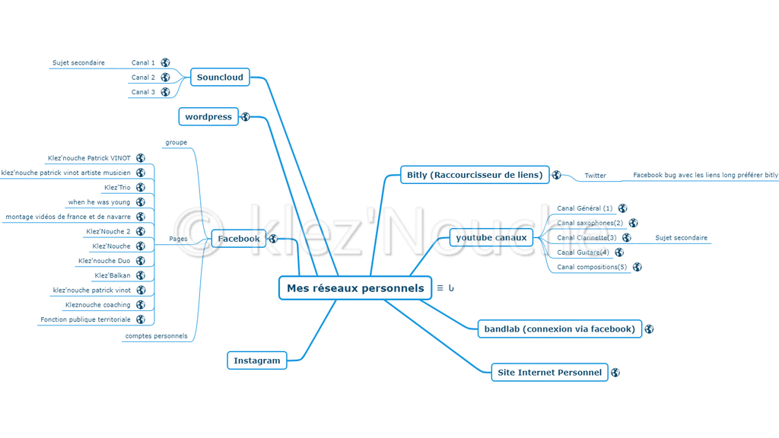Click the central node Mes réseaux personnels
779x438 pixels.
coord(355,288)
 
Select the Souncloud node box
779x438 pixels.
coord(220,78)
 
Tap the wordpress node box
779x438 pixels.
coord(208,117)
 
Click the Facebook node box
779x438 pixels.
coord(239,239)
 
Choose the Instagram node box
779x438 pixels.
coord(257,360)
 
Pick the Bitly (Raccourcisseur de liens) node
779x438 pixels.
coord(475,175)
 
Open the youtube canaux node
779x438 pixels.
coord(491,238)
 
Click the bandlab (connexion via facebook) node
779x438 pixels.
coord(559,329)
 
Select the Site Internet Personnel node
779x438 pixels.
coord(549,373)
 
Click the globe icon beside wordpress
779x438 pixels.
coord(246,117)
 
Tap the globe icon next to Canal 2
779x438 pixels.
coord(165,78)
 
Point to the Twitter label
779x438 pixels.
coord(596,176)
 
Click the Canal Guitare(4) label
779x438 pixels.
coord(583,252)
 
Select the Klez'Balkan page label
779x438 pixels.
coord(113,275)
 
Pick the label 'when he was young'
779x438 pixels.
coord(99,202)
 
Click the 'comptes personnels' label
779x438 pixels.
coord(156,336)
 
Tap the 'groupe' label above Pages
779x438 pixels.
coord(176,142)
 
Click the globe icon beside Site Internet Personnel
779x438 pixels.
coord(615,373)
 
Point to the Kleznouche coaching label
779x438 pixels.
coord(97,305)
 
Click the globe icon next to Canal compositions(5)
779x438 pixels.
coord(638,267)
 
